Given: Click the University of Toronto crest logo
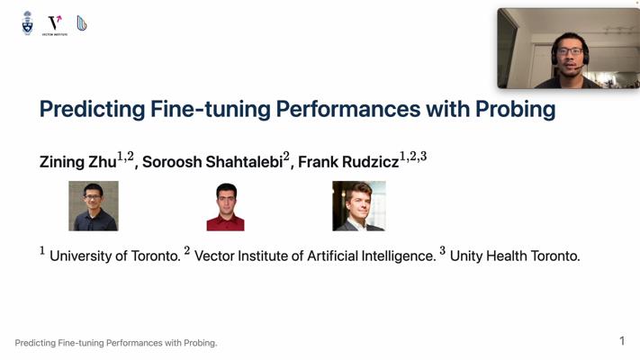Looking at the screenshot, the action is point(27,22).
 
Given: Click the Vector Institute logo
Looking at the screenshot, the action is point(55,25).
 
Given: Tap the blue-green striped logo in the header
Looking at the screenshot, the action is point(82,23).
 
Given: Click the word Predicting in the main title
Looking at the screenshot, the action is point(92,110).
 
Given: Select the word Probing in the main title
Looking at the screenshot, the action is point(515,110).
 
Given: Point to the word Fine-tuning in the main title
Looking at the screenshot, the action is point(211,109).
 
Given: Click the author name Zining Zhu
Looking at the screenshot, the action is point(78,162).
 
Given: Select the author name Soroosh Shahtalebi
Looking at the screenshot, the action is point(212,162).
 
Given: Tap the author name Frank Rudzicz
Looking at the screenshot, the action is point(348,162).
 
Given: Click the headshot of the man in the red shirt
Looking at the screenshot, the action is point(225,207).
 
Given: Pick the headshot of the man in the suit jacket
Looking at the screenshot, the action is point(359,206).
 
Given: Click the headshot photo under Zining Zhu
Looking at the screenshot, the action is point(94,206).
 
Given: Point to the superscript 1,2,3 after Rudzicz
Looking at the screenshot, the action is point(413,157).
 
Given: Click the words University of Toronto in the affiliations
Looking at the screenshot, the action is point(114,256).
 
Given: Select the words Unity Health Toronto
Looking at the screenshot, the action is point(515,256).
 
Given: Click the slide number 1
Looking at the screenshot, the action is point(622,341).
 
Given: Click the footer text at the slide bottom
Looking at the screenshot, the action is point(116,343).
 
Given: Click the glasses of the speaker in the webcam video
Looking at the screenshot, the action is point(570,51).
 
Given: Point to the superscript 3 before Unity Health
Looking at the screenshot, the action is point(443,250).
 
